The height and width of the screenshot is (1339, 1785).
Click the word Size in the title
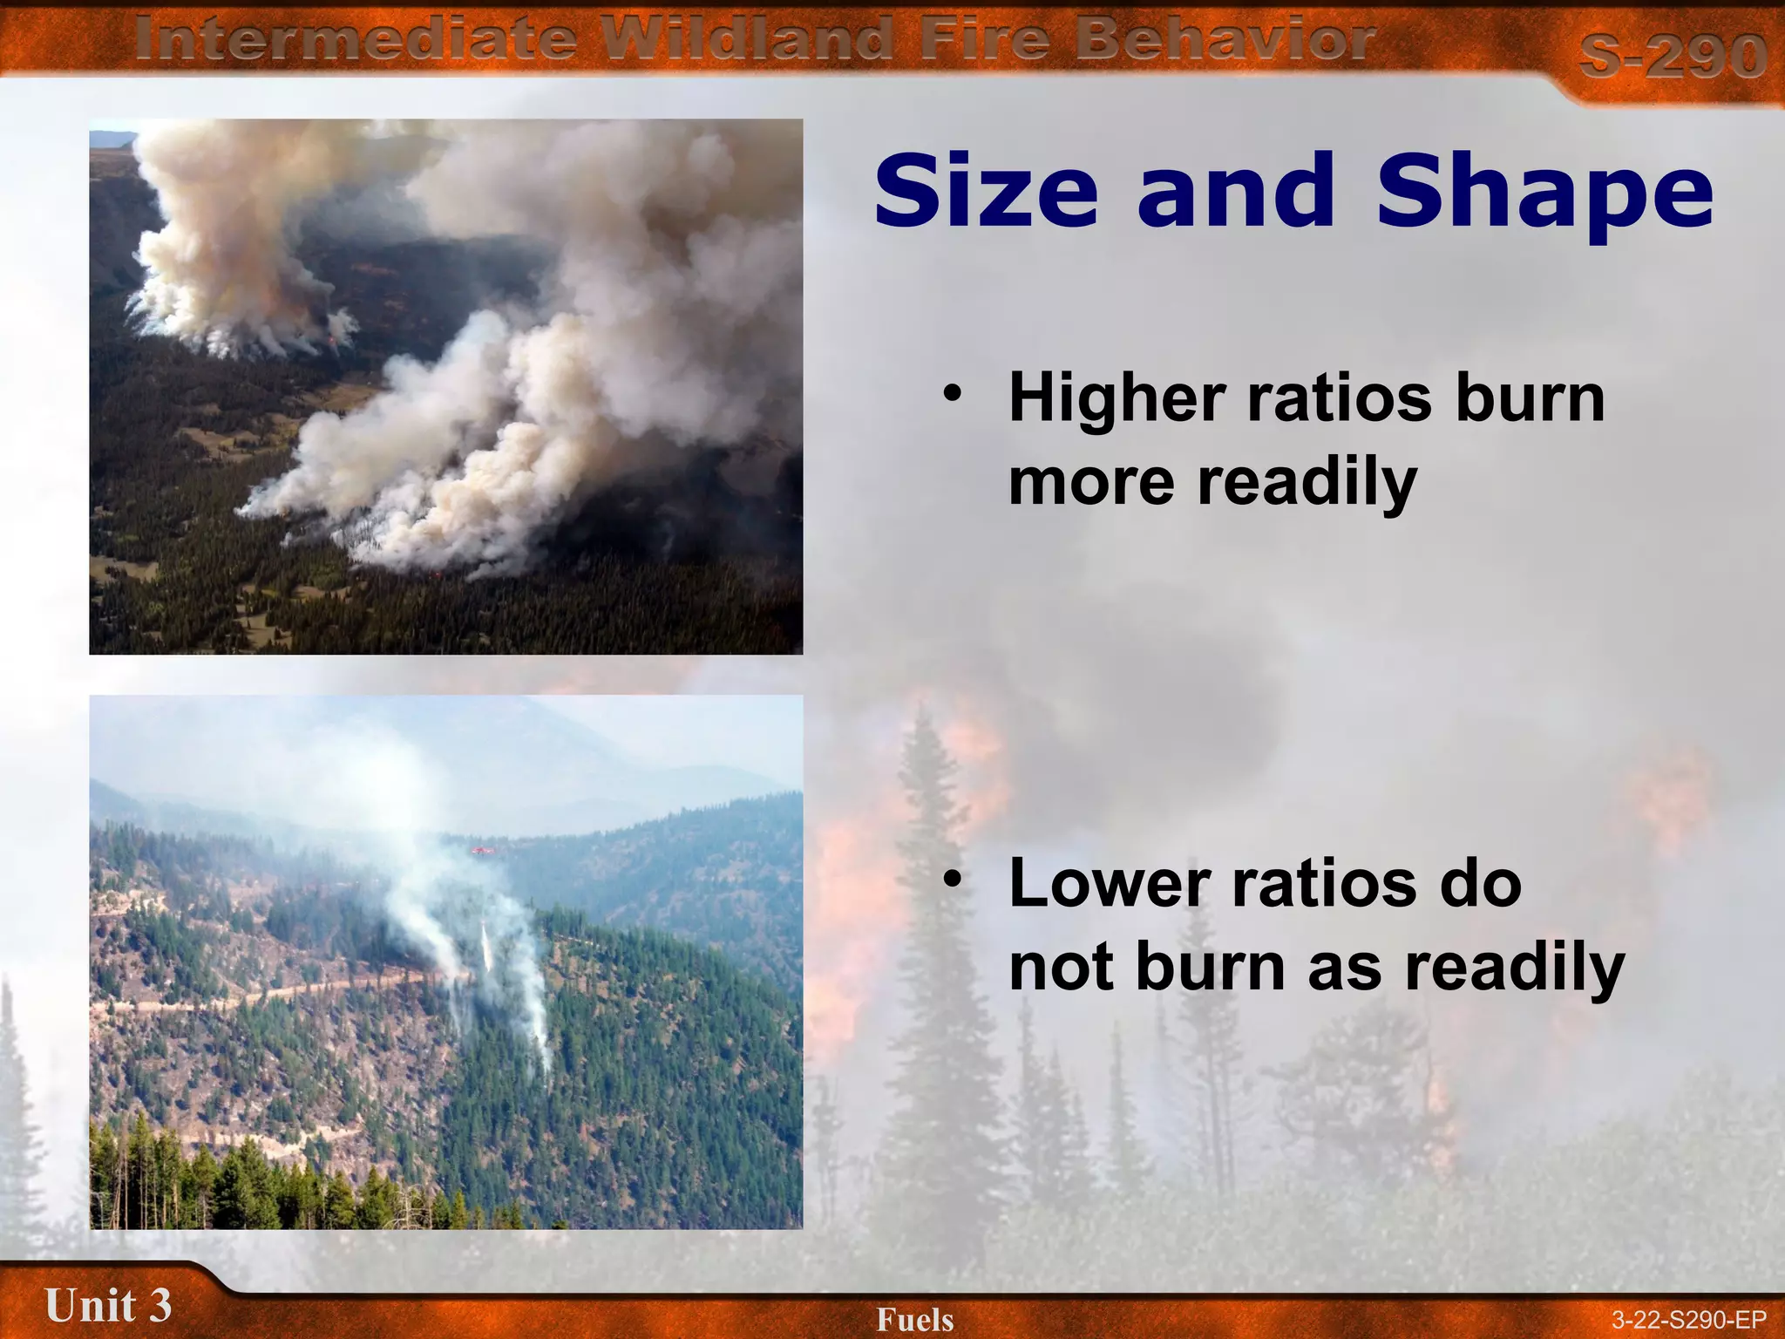coord(986,191)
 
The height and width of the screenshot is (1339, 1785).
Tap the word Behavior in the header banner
coord(1225,40)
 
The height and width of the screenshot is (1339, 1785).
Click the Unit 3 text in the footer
coord(108,1306)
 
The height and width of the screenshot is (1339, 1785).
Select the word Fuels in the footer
coord(915,1320)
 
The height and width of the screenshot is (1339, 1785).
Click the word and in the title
coord(1236,191)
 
